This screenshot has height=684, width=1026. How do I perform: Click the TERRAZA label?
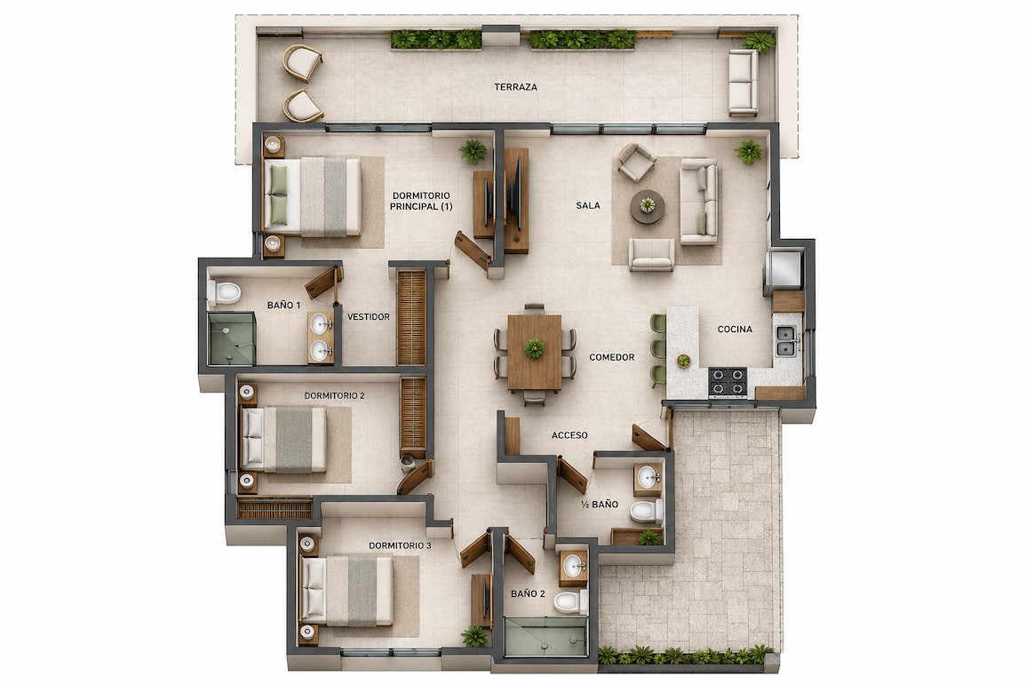[x=515, y=87]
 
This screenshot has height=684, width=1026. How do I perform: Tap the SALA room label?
[x=587, y=205]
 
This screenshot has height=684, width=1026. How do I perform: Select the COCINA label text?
[x=735, y=330]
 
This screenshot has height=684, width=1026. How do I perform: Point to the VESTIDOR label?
[x=369, y=317]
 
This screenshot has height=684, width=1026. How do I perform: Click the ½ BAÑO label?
[x=600, y=505]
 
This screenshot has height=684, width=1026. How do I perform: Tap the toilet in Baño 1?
[x=224, y=292]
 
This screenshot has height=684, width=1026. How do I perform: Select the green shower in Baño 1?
[x=231, y=338]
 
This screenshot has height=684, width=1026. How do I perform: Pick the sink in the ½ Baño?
[x=648, y=477]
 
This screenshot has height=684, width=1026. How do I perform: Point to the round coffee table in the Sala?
[x=648, y=207]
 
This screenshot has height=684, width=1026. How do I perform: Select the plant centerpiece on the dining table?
[x=535, y=348]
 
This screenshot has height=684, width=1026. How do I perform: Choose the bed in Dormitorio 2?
[x=283, y=439]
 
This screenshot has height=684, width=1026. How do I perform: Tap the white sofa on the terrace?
[x=744, y=83]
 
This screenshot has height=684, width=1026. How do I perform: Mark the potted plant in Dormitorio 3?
[x=474, y=635]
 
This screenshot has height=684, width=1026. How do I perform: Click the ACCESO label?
[x=569, y=435]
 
